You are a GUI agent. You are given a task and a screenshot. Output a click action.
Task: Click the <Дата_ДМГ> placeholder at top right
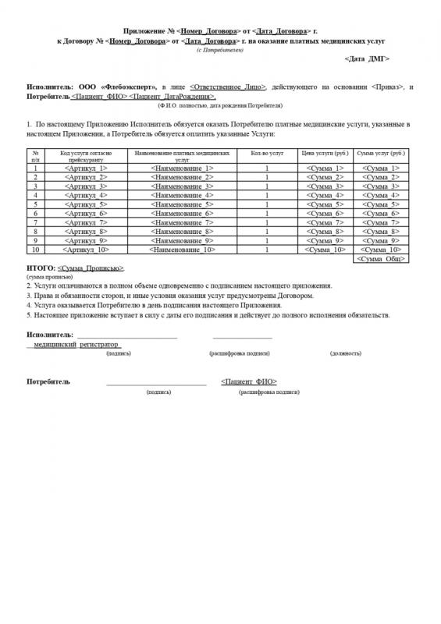(x=367, y=58)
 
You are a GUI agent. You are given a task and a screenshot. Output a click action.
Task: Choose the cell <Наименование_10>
(x=182, y=250)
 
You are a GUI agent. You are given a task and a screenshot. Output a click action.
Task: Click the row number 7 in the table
(x=35, y=222)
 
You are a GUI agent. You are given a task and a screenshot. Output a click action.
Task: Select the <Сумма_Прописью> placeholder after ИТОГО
(x=91, y=268)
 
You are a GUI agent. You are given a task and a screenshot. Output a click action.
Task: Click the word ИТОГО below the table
(x=40, y=268)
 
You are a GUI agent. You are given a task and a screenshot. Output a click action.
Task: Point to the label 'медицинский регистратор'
(x=75, y=342)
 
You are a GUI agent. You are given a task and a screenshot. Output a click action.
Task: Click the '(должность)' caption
(x=345, y=353)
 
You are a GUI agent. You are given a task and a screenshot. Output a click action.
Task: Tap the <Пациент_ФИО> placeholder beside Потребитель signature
(x=249, y=382)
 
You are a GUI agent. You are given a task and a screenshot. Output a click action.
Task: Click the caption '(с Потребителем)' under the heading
(x=220, y=49)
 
